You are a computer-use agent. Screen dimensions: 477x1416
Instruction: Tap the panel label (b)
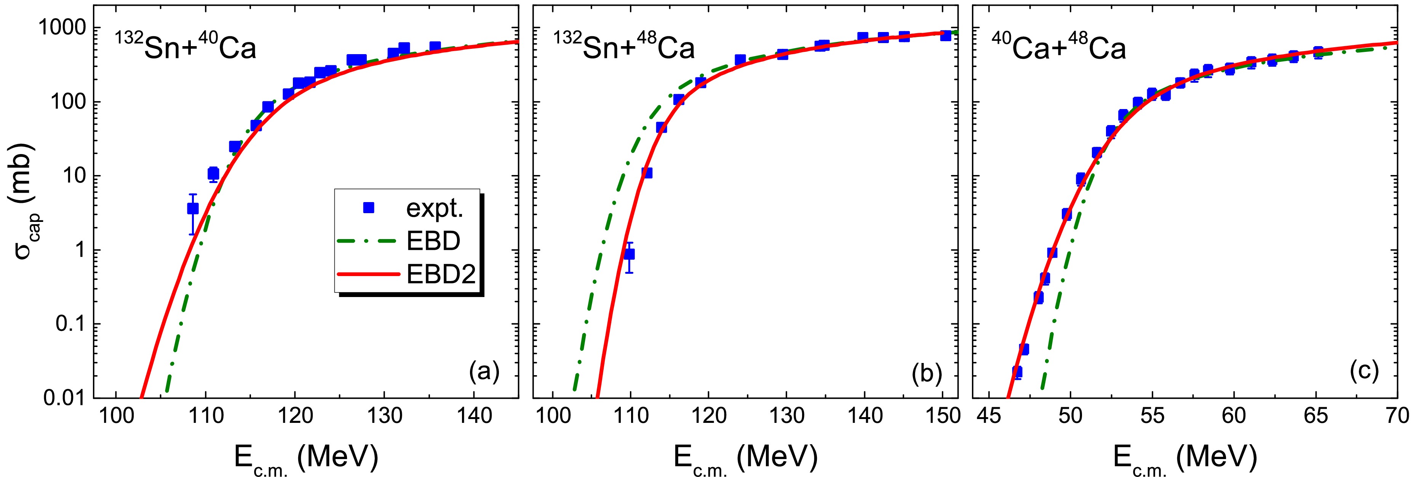927,374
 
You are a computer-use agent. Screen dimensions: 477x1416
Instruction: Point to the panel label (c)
1364,373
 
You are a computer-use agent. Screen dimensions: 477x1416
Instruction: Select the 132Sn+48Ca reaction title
624,48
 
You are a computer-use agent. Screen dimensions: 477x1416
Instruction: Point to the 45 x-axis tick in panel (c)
988,416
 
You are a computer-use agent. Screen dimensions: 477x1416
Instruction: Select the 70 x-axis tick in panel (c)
1396,416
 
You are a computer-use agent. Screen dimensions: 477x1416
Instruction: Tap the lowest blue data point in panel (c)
1016,371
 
